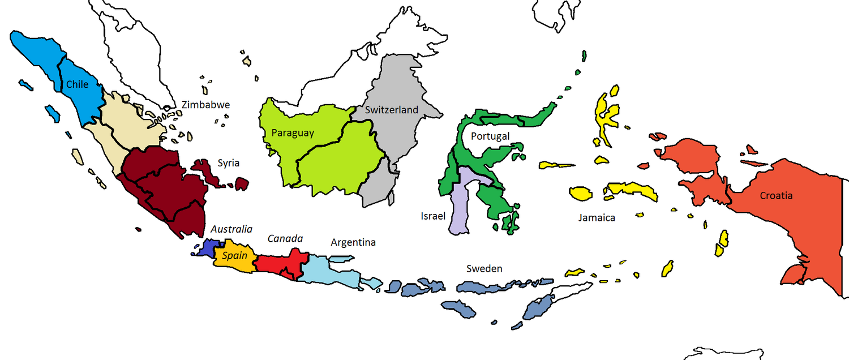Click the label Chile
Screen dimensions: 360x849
78,84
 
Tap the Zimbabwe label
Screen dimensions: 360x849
205,105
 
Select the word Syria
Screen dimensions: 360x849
229,163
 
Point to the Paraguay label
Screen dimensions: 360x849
293,134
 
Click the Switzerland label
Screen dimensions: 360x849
392,110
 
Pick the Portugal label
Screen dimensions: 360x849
490,136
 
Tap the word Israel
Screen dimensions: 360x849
433,216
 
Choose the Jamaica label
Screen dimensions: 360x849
597,217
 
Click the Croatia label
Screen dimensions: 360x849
776,196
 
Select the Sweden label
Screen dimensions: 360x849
484,268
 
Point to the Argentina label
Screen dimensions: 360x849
353,243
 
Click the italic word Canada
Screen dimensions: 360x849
285,238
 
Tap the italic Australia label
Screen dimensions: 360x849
231,229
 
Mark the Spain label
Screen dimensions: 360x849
234,256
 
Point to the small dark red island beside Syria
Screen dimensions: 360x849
242,183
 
